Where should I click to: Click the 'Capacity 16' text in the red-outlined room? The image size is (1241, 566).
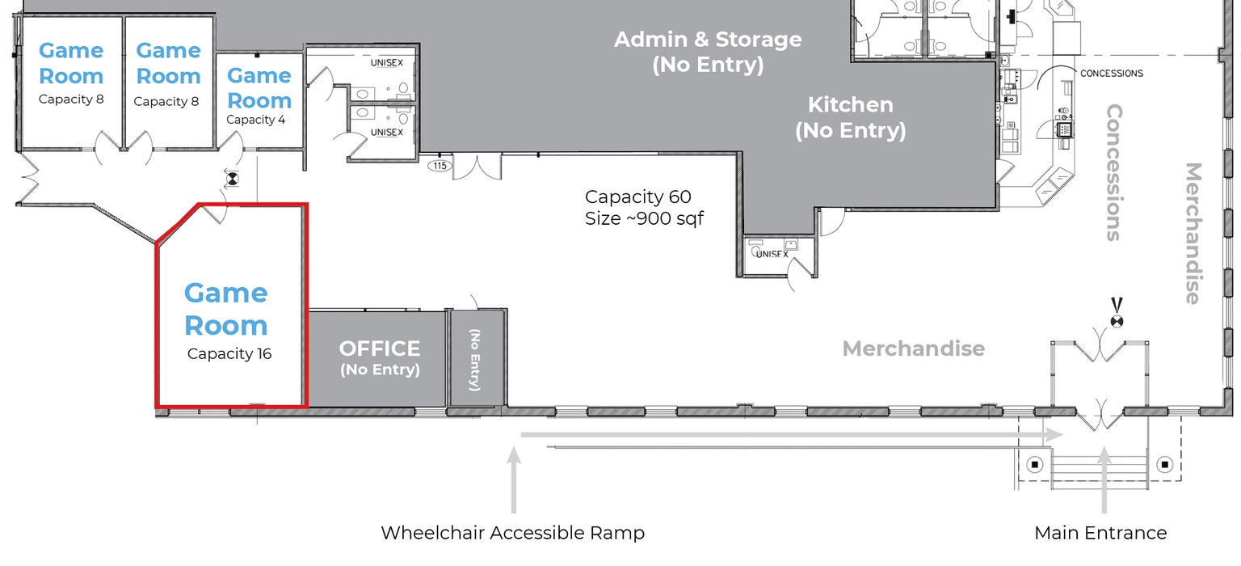click(x=229, y=353)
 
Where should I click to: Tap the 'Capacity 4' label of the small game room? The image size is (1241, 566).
click(x=255, y=120)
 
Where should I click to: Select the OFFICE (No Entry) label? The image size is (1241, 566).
click(x=380, y=358)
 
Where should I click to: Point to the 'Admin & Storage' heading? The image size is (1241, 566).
click(x=708, y=40)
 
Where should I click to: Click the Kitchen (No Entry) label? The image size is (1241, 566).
click(x=851, y=117)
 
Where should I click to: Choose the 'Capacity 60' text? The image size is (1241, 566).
click(x=637, y=196)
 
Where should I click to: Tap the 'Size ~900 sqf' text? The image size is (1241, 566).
click(x=644, y=218)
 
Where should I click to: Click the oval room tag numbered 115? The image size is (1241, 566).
click(x=440, y=165)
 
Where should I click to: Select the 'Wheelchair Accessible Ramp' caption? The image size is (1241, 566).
click(x=512, y=533)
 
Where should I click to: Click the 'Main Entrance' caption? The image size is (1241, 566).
click(x=1100, y=533)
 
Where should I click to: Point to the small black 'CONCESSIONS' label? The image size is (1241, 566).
click(x=1112, y=73)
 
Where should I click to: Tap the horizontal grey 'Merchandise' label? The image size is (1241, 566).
click(x=914, y=348)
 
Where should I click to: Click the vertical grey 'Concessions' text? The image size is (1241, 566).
click(x=1114, y=172)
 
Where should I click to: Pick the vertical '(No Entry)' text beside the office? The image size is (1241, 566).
click(x=475, y=360)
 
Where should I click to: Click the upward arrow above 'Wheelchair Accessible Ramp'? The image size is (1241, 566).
click(x=514, y=480)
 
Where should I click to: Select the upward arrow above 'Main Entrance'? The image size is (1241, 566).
click(x=1104, y=480)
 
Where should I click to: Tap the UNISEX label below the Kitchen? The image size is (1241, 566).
click(x=772, y=254)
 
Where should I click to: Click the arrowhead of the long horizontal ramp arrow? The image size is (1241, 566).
click(x=1054, y=435)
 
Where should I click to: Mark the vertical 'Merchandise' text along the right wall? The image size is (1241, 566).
click(x=1193, y=234)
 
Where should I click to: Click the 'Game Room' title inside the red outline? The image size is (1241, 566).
click(x=226, y=309)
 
